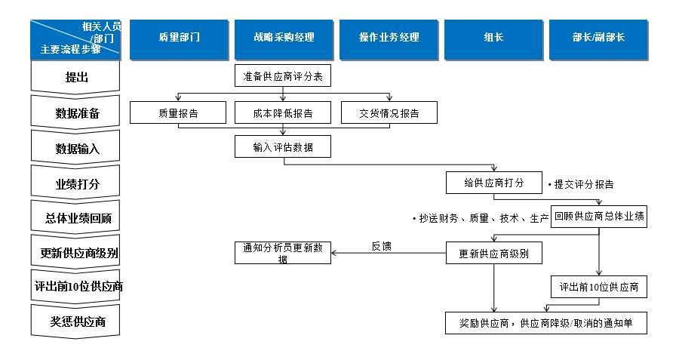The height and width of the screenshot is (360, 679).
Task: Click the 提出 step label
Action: [76, 77]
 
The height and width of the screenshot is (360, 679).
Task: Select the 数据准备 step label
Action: [76, 113]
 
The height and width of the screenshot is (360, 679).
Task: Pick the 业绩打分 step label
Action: [76, 184]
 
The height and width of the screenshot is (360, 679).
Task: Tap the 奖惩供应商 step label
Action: [76, 322]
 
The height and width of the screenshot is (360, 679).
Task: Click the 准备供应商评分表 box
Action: [283, 77]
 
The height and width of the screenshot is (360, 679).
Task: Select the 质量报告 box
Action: [178, 113]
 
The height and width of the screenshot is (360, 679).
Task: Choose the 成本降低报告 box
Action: [283, 113]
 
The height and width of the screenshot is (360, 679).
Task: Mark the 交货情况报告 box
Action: [389, 113]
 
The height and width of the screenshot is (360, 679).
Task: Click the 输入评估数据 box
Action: [283, 146]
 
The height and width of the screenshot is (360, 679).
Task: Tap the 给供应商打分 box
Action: [493, 183]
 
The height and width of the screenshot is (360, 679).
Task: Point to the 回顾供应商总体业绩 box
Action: [599, 217]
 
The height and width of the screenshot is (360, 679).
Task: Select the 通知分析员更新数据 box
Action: [283, 253]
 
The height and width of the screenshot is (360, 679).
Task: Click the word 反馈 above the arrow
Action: [381, 246]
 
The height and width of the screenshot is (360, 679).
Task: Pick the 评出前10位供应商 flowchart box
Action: [599, 288]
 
